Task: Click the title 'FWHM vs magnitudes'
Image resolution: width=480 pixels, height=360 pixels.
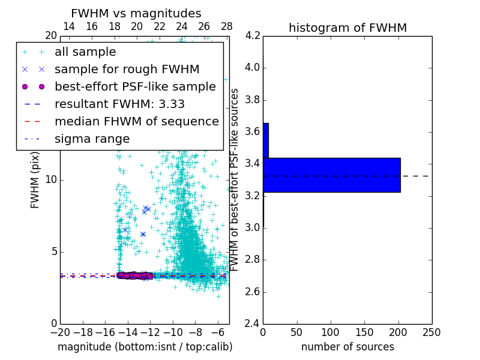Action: tap(136, 13)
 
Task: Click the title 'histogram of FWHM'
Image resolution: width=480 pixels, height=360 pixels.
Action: tap(347, 28)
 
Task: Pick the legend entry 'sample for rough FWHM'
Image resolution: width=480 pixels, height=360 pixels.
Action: tap(127, 69)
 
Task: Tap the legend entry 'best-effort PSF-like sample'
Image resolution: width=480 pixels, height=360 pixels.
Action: tap(135, 86)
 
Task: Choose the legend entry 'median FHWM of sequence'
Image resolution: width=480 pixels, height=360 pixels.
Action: tap(136, 121)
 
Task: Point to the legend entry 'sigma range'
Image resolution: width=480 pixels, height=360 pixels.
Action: tap(92, 139)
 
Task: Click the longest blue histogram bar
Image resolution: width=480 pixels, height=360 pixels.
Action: tap(331, 175)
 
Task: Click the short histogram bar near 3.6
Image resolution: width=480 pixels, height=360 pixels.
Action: tap(266, 140)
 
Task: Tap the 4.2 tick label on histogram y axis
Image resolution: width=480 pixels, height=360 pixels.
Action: tap(253, 35)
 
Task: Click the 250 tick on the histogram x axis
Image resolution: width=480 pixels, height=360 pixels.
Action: tap(431, 332)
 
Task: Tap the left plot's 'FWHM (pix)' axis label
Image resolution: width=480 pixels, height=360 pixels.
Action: tap(35, 179)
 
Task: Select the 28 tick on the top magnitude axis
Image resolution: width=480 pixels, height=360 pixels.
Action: tap(227, 26)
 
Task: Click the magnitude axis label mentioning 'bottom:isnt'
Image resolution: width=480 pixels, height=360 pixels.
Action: tap(145, 347)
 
